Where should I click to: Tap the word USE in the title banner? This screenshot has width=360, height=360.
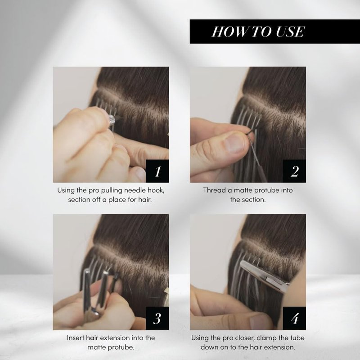point(290,31)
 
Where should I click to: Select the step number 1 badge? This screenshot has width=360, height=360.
point(157,171)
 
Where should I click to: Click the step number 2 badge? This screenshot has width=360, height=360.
point(294,171)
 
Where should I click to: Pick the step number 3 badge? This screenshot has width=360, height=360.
point(157,319)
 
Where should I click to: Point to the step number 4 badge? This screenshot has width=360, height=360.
point(294,319)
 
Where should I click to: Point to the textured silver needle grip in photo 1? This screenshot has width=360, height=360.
point(111,119)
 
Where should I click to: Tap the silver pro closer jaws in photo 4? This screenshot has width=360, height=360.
point(264,275)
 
